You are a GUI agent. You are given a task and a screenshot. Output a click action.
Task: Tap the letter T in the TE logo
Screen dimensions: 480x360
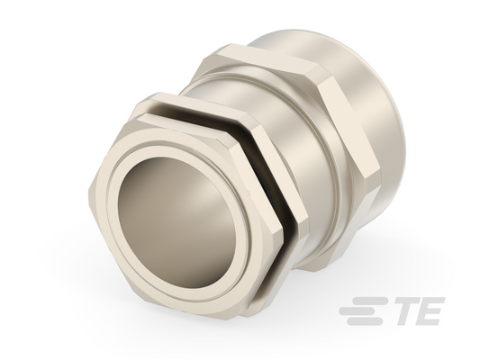pyautogui.click(x=408, y=310)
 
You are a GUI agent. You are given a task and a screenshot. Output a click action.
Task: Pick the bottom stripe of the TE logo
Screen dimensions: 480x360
pyautogui.click(x=365, y=321)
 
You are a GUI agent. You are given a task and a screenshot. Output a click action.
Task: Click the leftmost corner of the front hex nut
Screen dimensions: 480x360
pyautogui.click(x=88, y=191)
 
